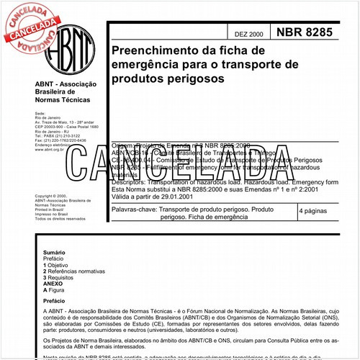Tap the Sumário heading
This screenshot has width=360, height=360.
55,253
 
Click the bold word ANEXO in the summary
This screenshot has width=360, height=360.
53,283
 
